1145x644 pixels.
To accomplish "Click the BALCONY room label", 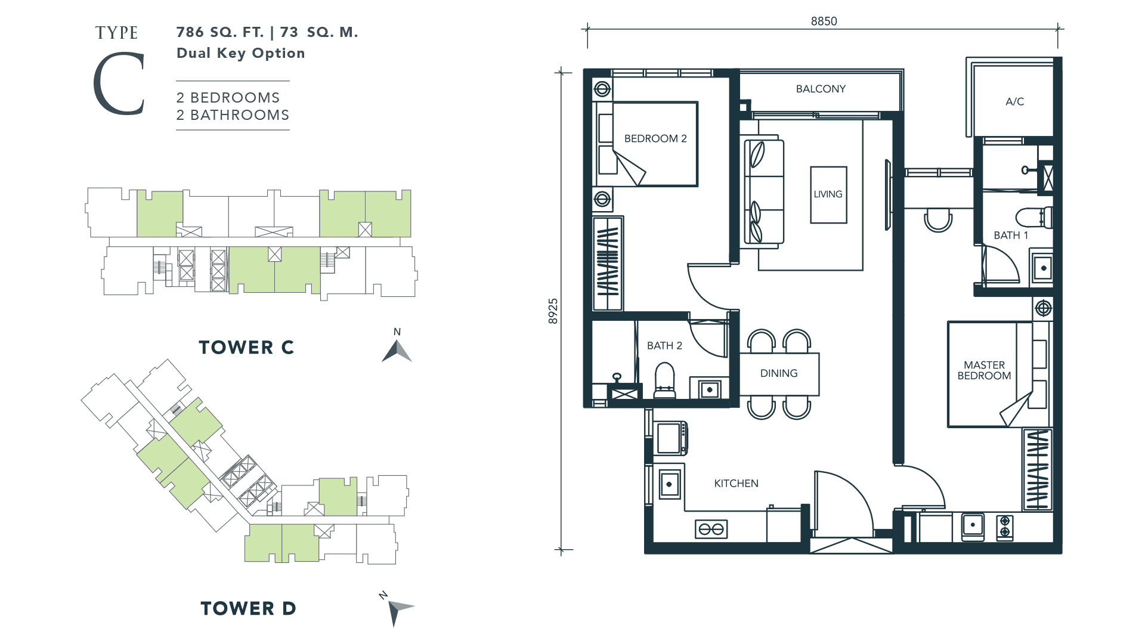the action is coord(821,89).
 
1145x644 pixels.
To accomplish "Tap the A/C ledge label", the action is coord(1014,101).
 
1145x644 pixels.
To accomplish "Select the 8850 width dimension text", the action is coord(824,21).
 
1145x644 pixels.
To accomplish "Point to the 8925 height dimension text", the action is coord(553,311).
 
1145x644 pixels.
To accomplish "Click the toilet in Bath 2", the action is coord(664,380).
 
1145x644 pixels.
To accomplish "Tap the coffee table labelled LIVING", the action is coord(828,194).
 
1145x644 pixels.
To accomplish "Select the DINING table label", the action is coord(779,373).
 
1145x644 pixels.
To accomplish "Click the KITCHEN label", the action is coord(736,484).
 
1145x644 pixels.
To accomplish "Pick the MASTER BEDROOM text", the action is coord(984,370).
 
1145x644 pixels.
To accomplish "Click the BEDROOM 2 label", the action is coord(655,139).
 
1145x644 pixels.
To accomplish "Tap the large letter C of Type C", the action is coord(119,83).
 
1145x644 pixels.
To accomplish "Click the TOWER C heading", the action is coord(246,348).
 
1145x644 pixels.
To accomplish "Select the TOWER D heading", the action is coord(248,608).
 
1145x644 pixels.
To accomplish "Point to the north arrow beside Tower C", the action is coord(397,351).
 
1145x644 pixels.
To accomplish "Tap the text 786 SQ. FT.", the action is coord(220,32).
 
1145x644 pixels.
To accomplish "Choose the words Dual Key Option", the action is coord(241,53).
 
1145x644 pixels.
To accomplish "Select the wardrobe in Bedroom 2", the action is coord(608,264).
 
